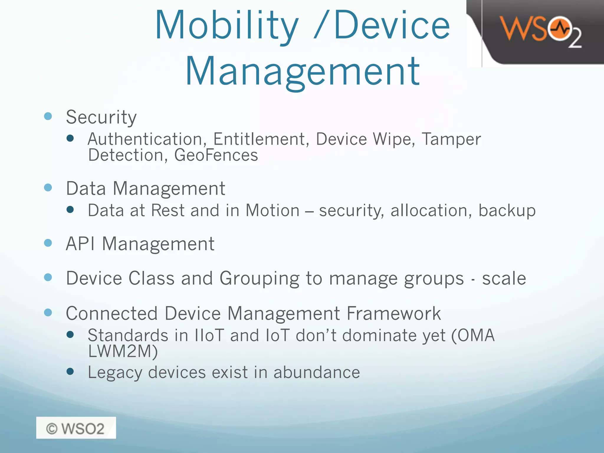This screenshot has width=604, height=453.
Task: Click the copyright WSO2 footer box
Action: click(76, 428)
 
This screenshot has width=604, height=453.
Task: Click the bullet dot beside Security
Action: click(48, 116)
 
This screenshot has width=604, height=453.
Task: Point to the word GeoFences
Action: click(216, 155)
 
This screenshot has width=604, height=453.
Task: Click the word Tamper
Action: click(451, 139)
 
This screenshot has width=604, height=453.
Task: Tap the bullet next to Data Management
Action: click(48, 188)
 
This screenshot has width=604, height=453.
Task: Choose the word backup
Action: click(507, 211)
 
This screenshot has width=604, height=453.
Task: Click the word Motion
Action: click(273, 211)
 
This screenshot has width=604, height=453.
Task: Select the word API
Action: click(80, 244)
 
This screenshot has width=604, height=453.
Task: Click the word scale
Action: click(504, 278)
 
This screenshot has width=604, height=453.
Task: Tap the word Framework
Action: click(393, 313)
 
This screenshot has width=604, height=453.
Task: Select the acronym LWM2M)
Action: click(123, 351)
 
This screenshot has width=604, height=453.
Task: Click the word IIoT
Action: click(209, 336)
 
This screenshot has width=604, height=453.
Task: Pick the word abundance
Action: click(316, 372)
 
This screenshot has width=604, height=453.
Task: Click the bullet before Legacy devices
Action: click(70, 371)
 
